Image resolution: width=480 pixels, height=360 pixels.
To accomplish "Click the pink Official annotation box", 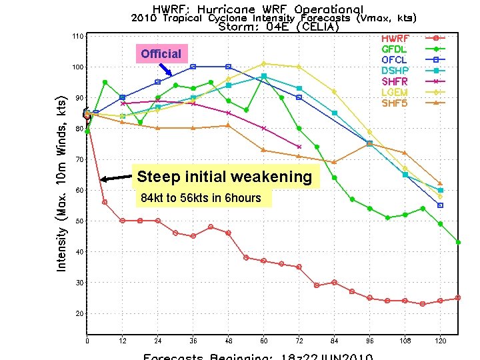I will [x=161, y=54].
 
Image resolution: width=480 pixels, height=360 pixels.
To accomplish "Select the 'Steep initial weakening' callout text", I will [x=224, y=177].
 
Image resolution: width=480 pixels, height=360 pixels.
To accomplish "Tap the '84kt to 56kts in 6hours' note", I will [x=201, y=198].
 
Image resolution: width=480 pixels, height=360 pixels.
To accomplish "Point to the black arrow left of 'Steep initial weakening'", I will [x=116, y=178].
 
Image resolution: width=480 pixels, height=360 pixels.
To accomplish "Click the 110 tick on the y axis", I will [x=78, y=36].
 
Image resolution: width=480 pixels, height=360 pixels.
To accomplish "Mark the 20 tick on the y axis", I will [x=79, y=313].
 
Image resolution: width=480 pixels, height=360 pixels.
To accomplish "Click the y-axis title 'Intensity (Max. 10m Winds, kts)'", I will [x=61, y=180].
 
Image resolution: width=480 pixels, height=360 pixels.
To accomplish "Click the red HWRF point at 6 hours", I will [x=105, y=202].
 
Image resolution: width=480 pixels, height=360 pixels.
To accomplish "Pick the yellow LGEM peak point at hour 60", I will [x=264, y=64].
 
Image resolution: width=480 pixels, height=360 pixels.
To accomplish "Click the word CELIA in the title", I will [x=319, y=27].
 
